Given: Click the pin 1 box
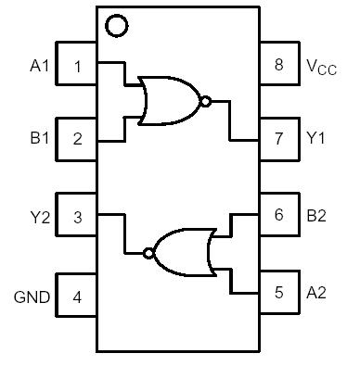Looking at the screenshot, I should click(x=77, y=65).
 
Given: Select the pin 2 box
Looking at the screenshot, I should click(x=77, y=140).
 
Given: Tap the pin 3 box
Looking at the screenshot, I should click(x=77, y=217).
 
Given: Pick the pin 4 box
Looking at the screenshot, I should click(x=77, y=297).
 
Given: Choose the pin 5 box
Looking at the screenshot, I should click(x=278, y=293).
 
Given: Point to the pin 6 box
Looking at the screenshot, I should click(x=278, y=215).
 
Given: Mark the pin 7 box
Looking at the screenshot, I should click(x=278, y=139).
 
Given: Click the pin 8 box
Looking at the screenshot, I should click(x=278, y=65).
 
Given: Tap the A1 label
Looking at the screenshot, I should click(x=39, y=66).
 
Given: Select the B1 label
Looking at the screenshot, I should click(x=39, y=140).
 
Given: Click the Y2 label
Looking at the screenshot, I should click(x=39, y=218).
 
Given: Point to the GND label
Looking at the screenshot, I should click(x=31, y=297).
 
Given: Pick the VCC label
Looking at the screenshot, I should click(x=321, y=66).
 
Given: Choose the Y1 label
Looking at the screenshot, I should click(x=316, y=139).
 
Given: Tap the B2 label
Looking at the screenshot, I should click(x=316, y=215).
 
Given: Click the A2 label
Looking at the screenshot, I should click(x=316, y=293).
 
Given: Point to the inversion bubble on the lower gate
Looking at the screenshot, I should click(x=146, y=252).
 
